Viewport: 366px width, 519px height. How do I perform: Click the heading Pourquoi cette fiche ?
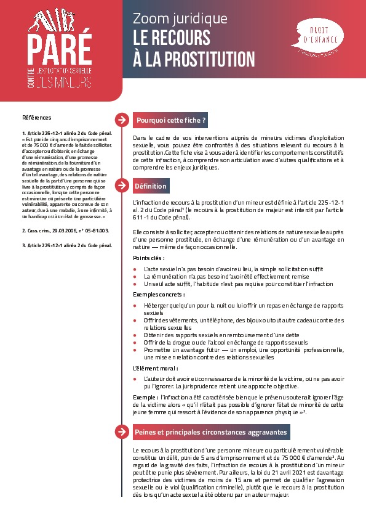pos(171,120)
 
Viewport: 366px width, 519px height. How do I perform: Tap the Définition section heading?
pos(150,186)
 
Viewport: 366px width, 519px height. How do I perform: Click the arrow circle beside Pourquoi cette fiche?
pos(122,120)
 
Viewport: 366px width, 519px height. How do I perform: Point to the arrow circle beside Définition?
pos(122,186)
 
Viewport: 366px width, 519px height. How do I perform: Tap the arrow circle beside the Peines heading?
pos(122,432)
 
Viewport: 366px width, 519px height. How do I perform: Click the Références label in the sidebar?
pos(37,117)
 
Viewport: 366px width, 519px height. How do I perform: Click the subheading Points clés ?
pos(149,258)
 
